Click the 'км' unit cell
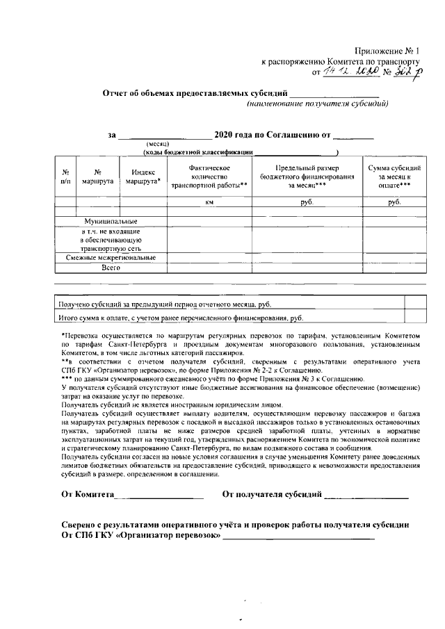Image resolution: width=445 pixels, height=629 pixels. click(209, 202)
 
